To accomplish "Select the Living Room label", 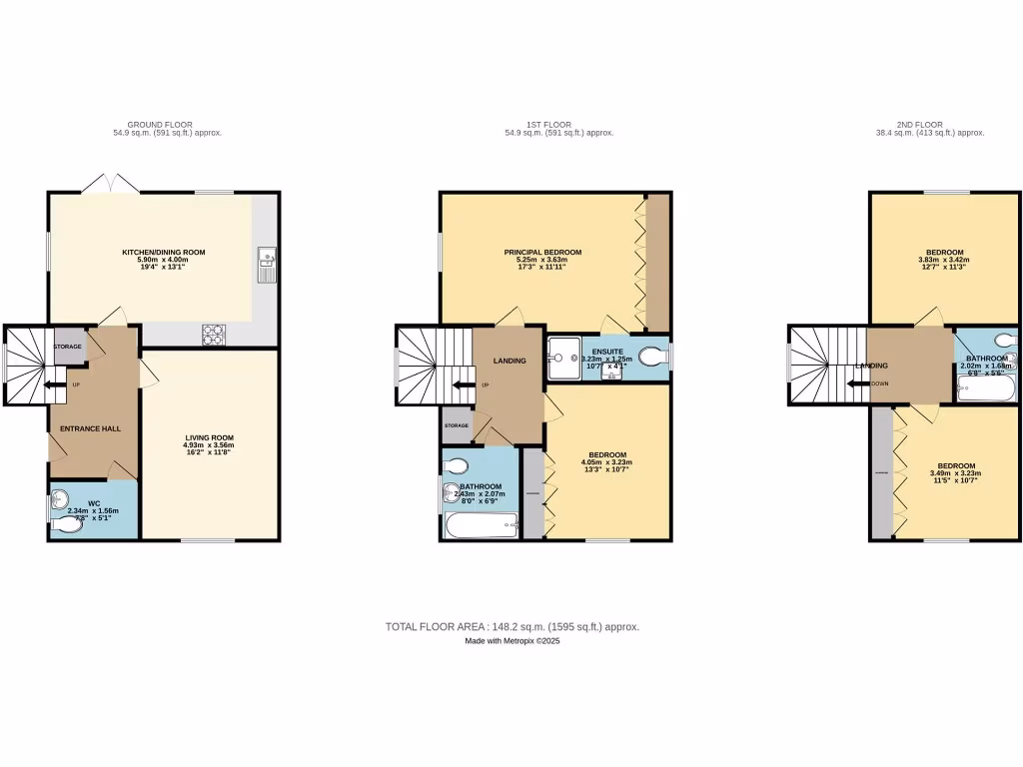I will (209, 437).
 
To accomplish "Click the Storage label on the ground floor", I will (68, 347).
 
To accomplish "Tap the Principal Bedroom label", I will (542, 253).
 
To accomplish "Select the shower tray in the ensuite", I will (561, 356).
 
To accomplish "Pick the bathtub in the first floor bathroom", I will (481, 524).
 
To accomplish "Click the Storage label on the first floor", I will (457, 425).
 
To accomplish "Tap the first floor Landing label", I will (511, 361).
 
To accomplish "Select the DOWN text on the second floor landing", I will (880, 383).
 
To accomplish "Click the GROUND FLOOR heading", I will (167, 125).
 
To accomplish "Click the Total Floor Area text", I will (511, 627).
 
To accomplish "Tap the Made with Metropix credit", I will (511, 642).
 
